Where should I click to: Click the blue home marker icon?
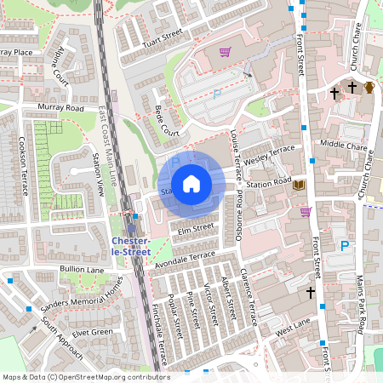[x=191, y=184]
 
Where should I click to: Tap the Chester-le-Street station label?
[x=132, y=246]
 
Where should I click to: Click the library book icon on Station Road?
[x=298, y=184]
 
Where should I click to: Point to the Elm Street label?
[x=195, y=229]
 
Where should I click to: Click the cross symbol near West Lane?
[x=311, y=292]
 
